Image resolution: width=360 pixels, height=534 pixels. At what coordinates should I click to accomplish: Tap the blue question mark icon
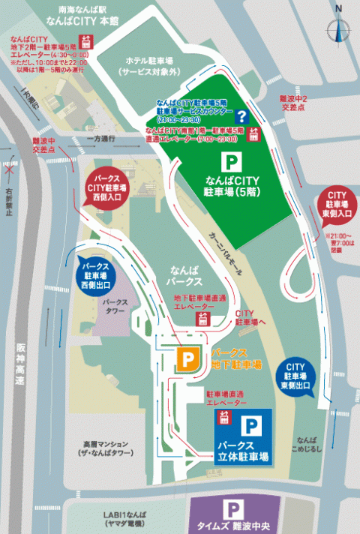pos(242,116)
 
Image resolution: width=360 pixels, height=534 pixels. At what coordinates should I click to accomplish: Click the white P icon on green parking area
pos(232,160)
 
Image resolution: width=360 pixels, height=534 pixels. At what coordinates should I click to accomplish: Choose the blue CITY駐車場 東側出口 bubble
pos(296,373)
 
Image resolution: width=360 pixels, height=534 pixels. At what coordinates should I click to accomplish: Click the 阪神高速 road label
pos(19,365)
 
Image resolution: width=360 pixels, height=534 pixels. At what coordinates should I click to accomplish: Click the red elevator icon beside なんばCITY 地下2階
pos(88,43)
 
